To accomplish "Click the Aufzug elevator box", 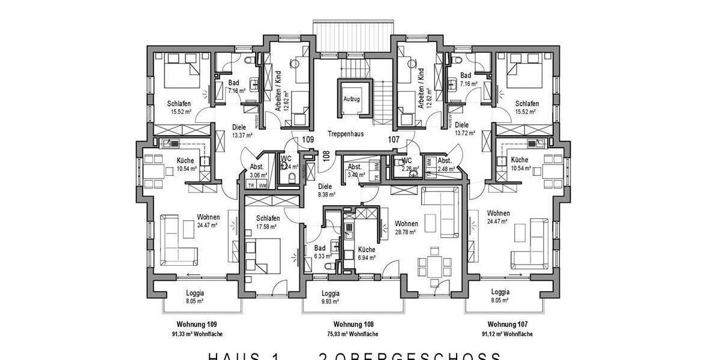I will click(x=351, y=99).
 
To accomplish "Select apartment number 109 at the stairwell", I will click(x=308, y=140).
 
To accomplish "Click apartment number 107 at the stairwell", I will click(x=394, y=140).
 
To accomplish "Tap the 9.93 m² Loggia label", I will click(x=331, y=297).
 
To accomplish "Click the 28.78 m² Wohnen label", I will click(x=407, y=228).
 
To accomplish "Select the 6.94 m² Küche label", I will click(x=367, y=253).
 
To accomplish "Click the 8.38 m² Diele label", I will click(x=326, y=190).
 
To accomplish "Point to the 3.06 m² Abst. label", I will click(x=257, y=172).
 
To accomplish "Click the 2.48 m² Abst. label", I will click(x=445, y=165).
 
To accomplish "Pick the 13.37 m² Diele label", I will click(x=241, y=131).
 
